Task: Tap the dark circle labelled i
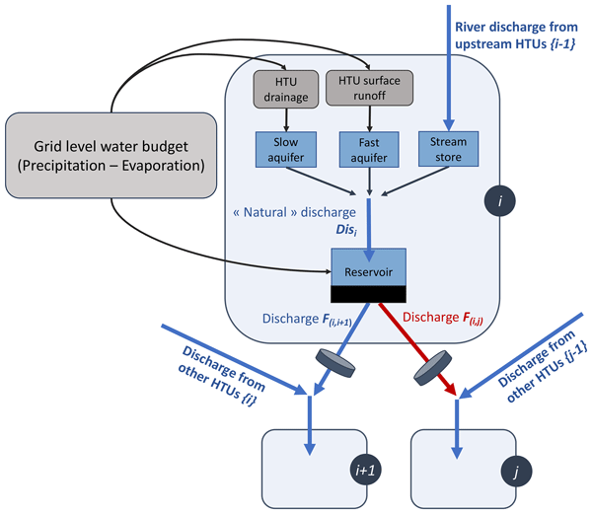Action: click(502, 203)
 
